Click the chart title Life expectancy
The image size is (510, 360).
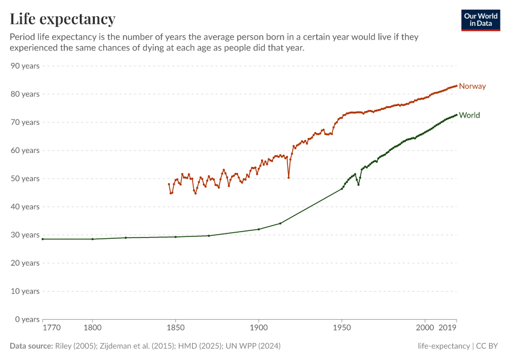[62, 19]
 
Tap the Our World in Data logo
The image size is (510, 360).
[481, 20]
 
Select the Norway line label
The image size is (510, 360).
[472, 86]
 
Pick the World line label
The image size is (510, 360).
[469, 115]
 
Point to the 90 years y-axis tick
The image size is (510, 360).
[25, 66]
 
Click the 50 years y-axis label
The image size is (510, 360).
[25, 179]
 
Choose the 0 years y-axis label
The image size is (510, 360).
[28, 319]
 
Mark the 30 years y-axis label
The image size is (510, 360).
[25, 235]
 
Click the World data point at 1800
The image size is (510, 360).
[92, 239]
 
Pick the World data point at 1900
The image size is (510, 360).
[259, 229]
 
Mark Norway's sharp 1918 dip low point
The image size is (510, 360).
[289, 178]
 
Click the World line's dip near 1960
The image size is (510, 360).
[359, 184]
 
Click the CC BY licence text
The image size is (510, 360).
[488, 346]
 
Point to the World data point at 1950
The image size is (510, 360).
[342, 188]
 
